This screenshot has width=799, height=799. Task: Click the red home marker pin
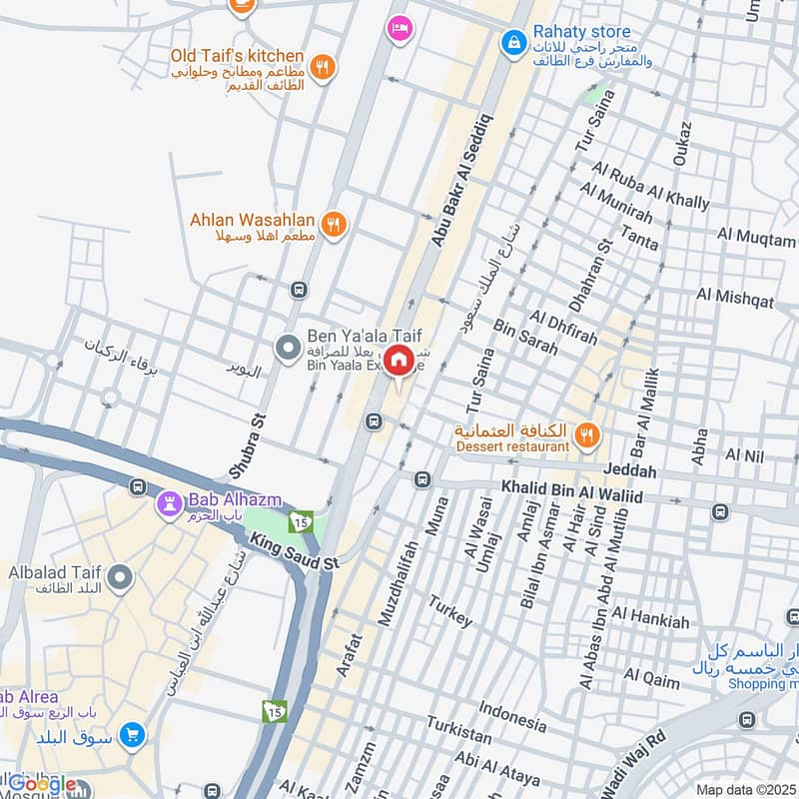[x=399, y=362]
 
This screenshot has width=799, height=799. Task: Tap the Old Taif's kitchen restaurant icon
[x=322, y=68]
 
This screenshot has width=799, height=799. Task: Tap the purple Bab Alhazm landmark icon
[x=167, y=505]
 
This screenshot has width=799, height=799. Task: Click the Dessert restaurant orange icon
[x=587, y=433]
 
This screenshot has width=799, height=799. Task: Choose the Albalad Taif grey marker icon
[x=120, y=577]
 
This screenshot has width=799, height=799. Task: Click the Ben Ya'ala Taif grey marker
[x=288, y=348]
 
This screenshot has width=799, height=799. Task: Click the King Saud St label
[x=296, y=552]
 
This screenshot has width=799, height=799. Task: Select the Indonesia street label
[x=512, y=713]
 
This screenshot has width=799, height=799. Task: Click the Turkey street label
[x=450, y=611]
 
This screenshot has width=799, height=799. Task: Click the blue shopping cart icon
[x=131, y=737]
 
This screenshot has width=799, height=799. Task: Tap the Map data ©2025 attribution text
[x=744, y=789]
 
